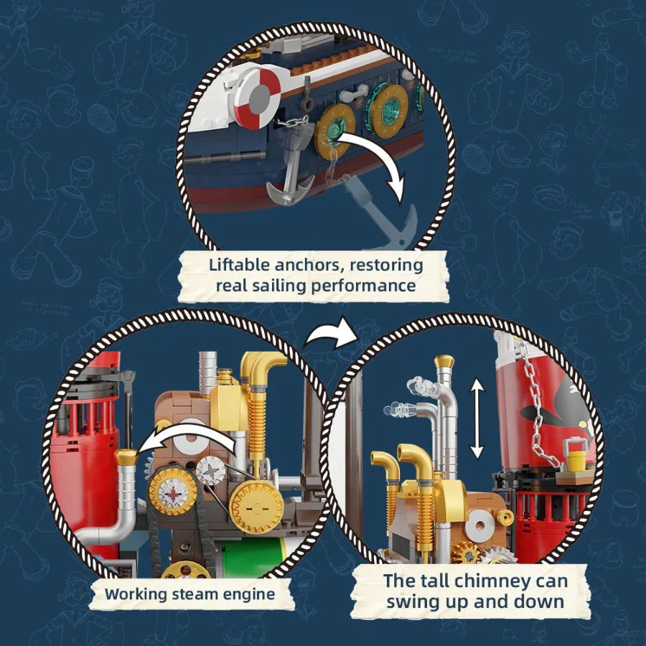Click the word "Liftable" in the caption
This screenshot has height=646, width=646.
tap(239, 265)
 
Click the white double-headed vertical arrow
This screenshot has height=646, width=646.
tap(477, 418)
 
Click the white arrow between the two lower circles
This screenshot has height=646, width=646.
tap(329, 334)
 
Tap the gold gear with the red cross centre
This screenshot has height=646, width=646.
tap(173, 492)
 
